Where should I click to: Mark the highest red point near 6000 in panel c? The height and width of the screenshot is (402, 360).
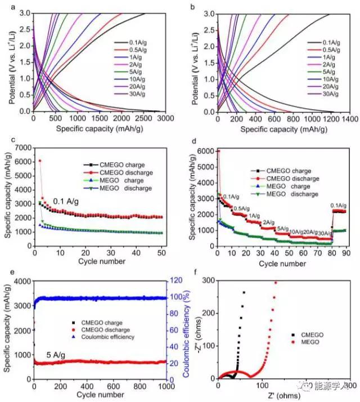coord(39,160)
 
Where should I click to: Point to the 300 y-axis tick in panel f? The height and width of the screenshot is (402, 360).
coord(206,280)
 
